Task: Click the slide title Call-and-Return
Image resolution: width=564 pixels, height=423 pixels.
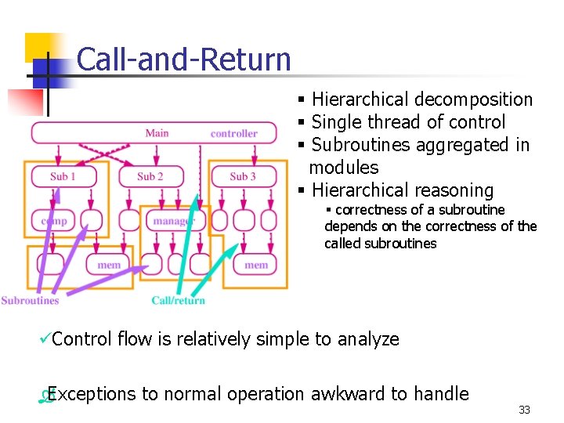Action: [x=184, y=60]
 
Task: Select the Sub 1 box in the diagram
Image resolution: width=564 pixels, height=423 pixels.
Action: [x=63, y=176]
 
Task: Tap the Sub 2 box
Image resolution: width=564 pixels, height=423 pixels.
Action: [x=150, y=176]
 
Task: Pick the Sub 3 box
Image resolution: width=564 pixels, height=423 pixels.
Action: [x=243, y=176]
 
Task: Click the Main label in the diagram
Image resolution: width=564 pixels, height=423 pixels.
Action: [x=157, y=133]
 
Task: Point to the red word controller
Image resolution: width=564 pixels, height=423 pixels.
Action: [x=233, y=134]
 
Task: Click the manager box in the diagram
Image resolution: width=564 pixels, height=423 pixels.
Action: [x=172, y=221]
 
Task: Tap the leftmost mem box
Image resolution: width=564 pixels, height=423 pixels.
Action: [x=109, y=265]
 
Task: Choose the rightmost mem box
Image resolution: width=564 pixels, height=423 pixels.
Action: [x=256, y=265]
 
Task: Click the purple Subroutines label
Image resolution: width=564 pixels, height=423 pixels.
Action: [x=30, y=300]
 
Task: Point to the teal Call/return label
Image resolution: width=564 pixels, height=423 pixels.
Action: [x=178, y=300]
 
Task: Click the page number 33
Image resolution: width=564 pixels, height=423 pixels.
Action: [x=524, y=410]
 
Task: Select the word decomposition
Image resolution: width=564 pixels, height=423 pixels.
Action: [x=473, y=99]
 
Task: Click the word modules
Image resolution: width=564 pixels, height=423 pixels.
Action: [x=344, y=168]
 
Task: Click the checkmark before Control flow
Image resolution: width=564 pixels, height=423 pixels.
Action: [x=45, y=338]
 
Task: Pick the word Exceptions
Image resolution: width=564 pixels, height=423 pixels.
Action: [x=87, y=394]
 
